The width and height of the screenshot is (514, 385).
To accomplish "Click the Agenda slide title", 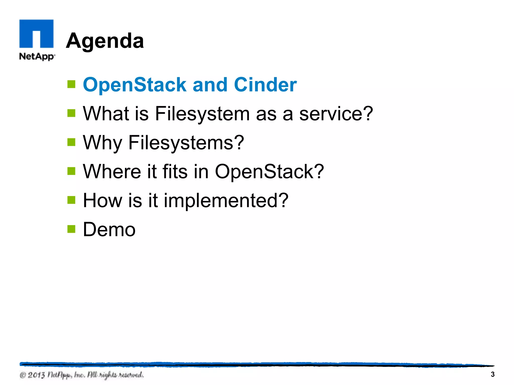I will click(x=105, y=41).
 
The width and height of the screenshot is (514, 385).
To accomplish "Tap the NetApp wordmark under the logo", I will click(x=37, y=56).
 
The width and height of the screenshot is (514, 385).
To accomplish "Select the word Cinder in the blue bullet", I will click(x=265, y=85).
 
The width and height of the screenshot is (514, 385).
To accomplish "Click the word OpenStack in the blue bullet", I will click(x=134, y=85).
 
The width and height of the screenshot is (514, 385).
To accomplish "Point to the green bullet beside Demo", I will click(x=72, y=229).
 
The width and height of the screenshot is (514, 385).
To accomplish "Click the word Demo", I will click(x=109, y=229).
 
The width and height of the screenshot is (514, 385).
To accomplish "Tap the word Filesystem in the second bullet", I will click(x=202, y=114).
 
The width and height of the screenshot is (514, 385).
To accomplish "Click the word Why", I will click(x=102, y=143).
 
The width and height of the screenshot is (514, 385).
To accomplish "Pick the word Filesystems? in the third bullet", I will click(x=186, y=143).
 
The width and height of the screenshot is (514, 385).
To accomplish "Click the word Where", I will click(x=112, y=171).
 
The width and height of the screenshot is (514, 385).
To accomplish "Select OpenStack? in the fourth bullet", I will click(x=269, y=171).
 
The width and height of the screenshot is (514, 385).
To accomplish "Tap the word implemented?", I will click(x=226, y=201).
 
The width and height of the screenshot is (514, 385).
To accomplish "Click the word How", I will click(x=102, y=201).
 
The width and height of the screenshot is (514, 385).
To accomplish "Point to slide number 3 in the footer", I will click(x=492, y=374).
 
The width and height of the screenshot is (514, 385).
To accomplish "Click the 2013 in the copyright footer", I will click(x=36, y=375).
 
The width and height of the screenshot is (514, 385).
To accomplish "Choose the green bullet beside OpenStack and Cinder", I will click(x=72, y=84).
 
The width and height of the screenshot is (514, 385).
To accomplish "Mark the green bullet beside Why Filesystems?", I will click(x=72, y=142).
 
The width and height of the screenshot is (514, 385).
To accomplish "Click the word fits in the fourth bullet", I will click(x=175, y=171).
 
